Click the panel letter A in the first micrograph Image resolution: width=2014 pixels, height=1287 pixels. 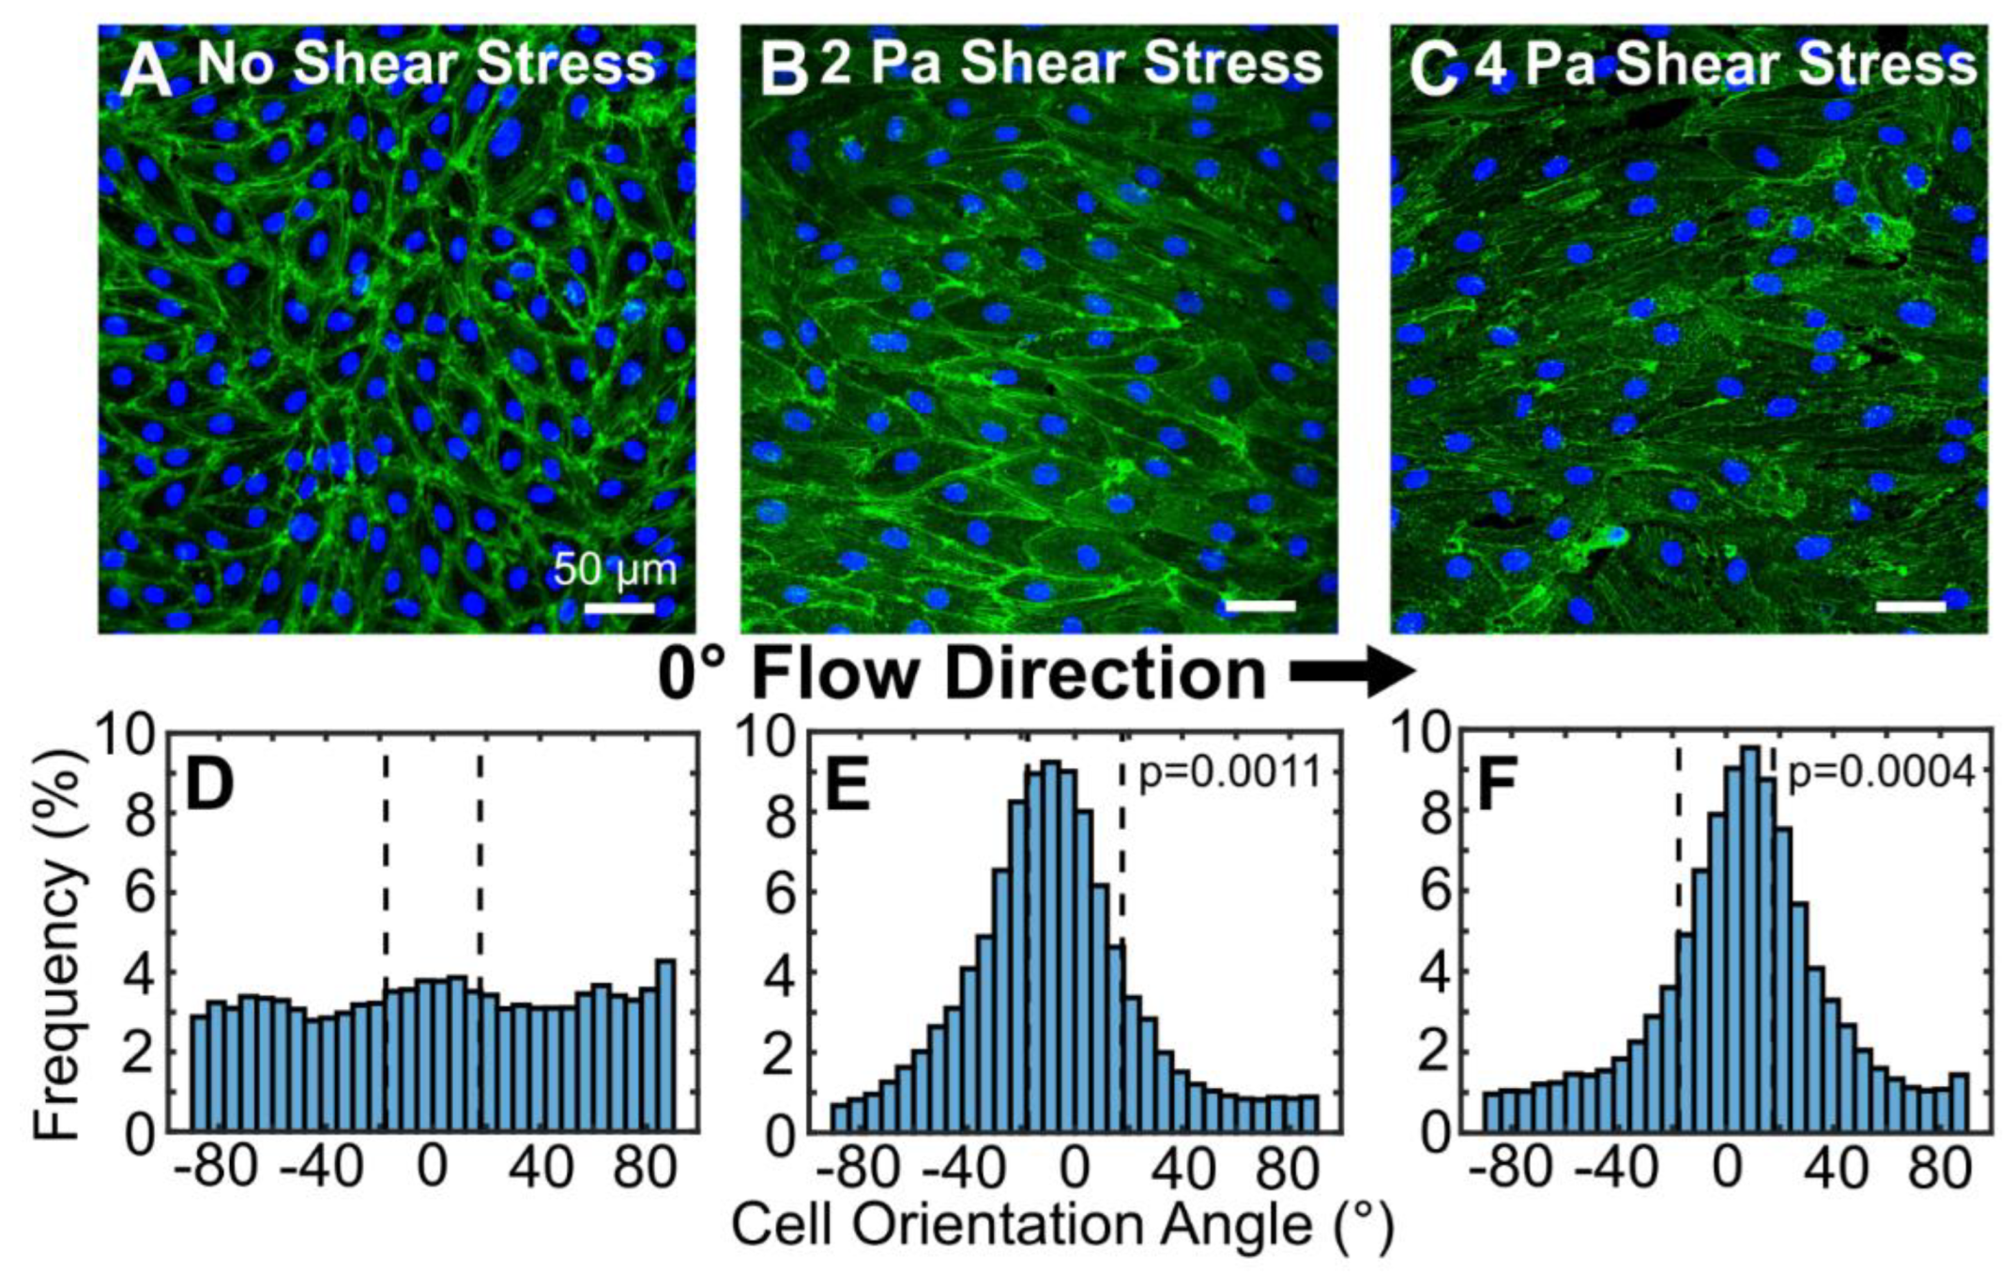(x=146, y=70)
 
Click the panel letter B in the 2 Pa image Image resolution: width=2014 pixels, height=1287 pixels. (x=784, y=70)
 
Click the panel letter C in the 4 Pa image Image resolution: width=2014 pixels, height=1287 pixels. (x=1434, y=70)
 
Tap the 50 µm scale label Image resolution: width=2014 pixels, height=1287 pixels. (x=615, y=569)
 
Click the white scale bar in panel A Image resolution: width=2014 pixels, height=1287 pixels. (x=619, y=608)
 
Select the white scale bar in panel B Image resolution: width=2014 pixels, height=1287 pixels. (x=1260, y=606)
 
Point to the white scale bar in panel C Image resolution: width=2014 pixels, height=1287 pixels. (x=1911, y=606)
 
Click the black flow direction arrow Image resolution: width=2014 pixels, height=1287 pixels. (x=1352, y=672)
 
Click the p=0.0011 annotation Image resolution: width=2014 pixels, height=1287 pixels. (x=1228, y=772)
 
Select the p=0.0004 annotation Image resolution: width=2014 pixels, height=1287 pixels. (x=1880, y=772)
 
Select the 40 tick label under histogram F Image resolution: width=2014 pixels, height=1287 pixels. (x=1839, y=1168)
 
